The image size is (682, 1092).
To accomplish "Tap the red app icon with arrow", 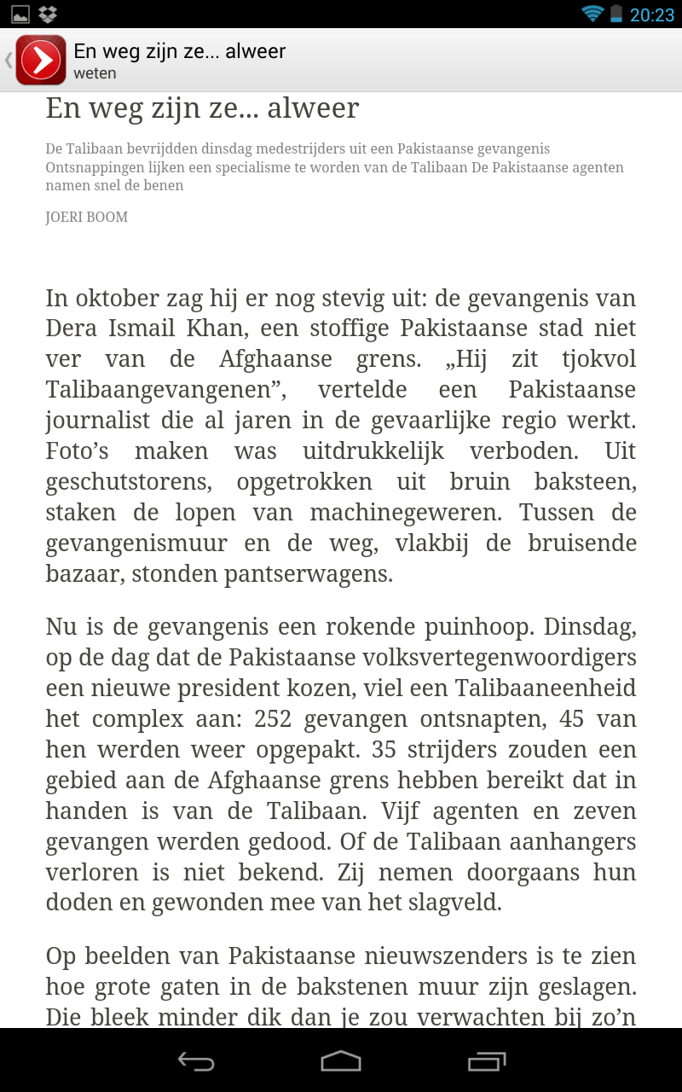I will point(40,60).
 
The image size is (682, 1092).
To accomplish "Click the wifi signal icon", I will point(592,14).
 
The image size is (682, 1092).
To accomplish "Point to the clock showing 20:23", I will point(652,15).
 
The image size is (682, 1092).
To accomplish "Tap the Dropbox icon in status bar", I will point(48,14).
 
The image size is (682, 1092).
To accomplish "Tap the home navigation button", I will point(340,1060).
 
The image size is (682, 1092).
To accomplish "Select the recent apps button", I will point(487,1060).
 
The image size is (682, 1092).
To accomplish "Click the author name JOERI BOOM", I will point(87,218).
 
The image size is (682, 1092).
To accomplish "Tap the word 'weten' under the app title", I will point(95,73).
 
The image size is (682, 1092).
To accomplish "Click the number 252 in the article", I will point(273,719).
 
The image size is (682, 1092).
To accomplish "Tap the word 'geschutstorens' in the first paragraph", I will point(129,482).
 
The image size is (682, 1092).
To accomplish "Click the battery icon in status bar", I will point(616,14).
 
